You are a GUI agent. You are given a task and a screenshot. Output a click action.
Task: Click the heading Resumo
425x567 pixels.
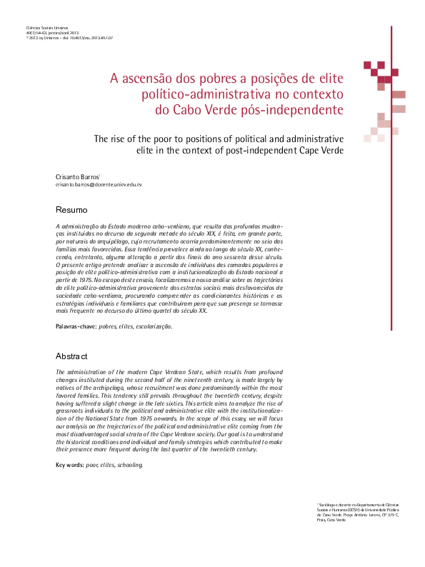[x=71, y=210]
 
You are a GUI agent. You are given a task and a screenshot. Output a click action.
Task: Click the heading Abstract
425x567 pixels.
[x=71, y=356]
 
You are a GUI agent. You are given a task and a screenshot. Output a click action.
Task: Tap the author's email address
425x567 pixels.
[x=99, y=184]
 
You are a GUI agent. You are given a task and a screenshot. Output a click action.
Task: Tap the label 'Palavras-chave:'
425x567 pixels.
[x=76, y=326]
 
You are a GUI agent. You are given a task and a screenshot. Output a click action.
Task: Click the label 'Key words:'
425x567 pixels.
[x=69, y=465]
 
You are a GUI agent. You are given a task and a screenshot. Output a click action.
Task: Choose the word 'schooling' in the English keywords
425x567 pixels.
[x=127, y=465]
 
